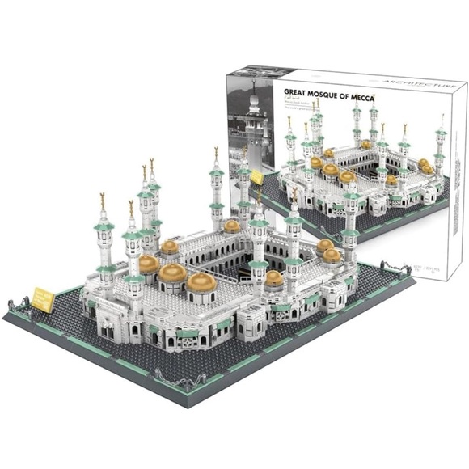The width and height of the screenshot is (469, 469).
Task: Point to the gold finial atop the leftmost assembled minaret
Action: (x=102, y=197)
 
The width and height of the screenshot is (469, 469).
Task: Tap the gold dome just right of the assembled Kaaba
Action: (x=274, y=278)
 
